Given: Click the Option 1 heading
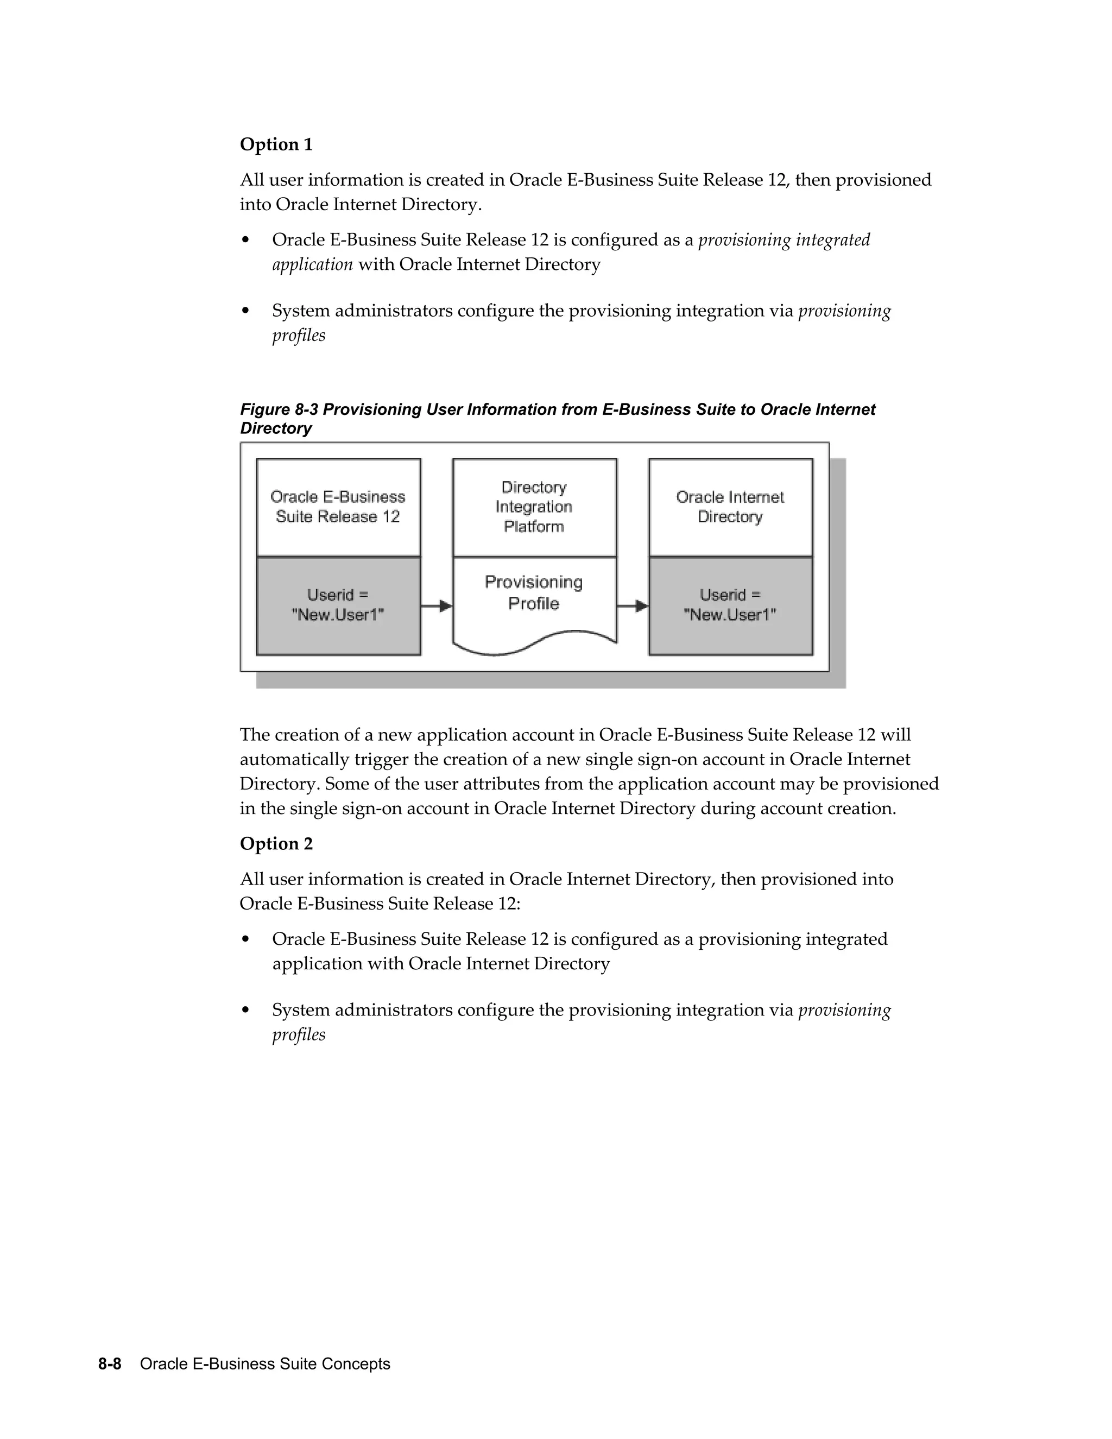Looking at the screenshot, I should click(x=276, y=144).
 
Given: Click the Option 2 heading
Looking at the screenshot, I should click(x=276, y=843).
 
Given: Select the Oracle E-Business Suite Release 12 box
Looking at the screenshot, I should click(x=338, y=507).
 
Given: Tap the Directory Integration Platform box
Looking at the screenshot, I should click(x=534, y=507).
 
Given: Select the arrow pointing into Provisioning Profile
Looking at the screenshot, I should click(x=436, y=605).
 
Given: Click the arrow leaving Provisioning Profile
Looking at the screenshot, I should click(x=633, y=605).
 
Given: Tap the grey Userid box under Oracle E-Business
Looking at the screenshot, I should click(x=338, y=605).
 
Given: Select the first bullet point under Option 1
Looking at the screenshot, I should click(x=246, y=240).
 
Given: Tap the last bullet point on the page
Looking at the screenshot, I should click(x=246, y=1010).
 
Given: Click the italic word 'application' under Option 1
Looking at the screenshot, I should click(x=312, y=264).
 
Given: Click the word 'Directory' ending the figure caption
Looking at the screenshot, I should click(x=275, y=428).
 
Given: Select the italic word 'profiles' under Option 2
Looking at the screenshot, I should click(x=299, y=1034).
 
